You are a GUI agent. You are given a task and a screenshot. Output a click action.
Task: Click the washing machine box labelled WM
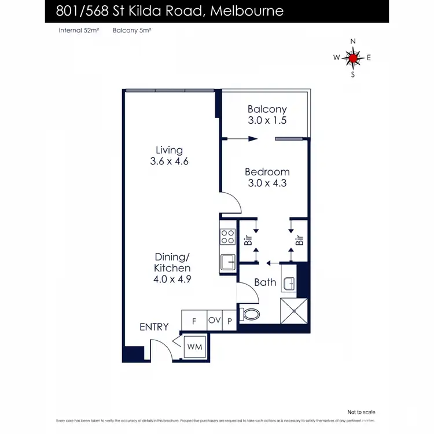pyautogui.click(x=194, y=348)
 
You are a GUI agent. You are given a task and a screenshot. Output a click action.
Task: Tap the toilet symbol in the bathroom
pyautogui.click(x=252, y=314)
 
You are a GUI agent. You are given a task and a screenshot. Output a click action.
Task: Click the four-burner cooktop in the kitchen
pyautogui.click(x=227, y=237)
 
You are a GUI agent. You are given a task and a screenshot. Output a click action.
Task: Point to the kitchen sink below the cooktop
pyautogui.click(x=227, y=262)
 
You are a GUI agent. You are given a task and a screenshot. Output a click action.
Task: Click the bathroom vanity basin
pyautogui.click(x=289, y=284)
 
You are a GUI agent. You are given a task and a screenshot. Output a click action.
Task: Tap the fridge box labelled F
pyautogui.click(x=194, y=320)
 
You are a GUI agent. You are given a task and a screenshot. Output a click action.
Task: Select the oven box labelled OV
pyautogui.click(x=215, y=320)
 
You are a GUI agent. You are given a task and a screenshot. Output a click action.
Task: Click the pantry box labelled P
pyautogui.click(x=230, y=321)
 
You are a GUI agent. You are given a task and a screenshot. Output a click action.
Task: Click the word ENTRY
pyautogui.click(x=154, y=327)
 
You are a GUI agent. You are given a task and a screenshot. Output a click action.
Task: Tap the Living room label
pyautogui.click(x=170, y=150)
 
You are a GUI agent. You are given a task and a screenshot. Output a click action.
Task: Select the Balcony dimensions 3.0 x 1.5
pyautogui.click(x=267, y=121)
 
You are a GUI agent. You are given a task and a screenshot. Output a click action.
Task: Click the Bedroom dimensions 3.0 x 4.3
pyautogui.click(x=267, y=183)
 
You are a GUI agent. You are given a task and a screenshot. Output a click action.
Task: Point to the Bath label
pyautogui.click(x=265, y=282)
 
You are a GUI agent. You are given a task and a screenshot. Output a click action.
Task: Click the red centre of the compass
pyautogui.click(x=353, y=57)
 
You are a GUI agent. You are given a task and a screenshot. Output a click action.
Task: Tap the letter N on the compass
pyautogui.click(x=353, y=41)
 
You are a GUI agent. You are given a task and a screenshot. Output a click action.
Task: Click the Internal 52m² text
pyautogui.click(x=79, y=30)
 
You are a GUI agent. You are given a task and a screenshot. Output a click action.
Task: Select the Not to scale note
pyautogui.click(x=361, y=411)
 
